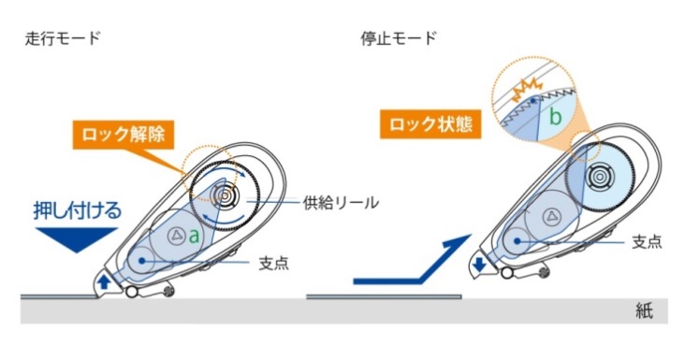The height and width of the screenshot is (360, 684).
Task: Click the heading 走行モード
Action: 63,38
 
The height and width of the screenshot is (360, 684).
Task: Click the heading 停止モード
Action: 399,38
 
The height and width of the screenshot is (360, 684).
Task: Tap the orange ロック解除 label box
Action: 124,135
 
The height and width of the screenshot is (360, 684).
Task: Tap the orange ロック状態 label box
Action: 430,124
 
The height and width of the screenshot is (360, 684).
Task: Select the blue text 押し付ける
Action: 78,210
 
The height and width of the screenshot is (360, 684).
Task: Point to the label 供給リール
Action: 342,203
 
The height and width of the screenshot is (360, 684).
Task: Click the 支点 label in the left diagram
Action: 274,264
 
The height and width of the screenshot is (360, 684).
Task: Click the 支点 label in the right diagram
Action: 647,241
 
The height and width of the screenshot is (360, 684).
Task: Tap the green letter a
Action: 194,237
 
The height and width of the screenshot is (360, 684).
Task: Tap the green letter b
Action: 555,117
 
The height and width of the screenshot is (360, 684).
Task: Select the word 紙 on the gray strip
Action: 645,311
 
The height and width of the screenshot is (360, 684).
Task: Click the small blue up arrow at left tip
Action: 103,281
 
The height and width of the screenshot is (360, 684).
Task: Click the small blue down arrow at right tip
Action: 480,265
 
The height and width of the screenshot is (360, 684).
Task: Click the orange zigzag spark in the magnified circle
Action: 528,88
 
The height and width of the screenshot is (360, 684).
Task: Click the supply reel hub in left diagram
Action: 225,197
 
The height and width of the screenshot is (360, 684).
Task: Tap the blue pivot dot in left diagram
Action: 141,261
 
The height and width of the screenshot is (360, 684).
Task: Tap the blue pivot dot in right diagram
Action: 517,240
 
